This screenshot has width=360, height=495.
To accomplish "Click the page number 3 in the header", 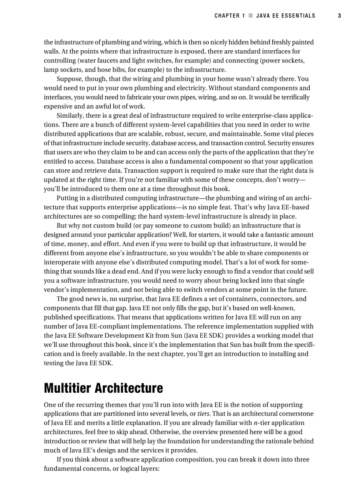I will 339,16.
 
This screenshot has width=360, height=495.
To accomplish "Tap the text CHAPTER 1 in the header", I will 229,16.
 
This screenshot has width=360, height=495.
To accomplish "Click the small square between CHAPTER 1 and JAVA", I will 250,16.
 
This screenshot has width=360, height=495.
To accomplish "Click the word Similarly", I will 71,115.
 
